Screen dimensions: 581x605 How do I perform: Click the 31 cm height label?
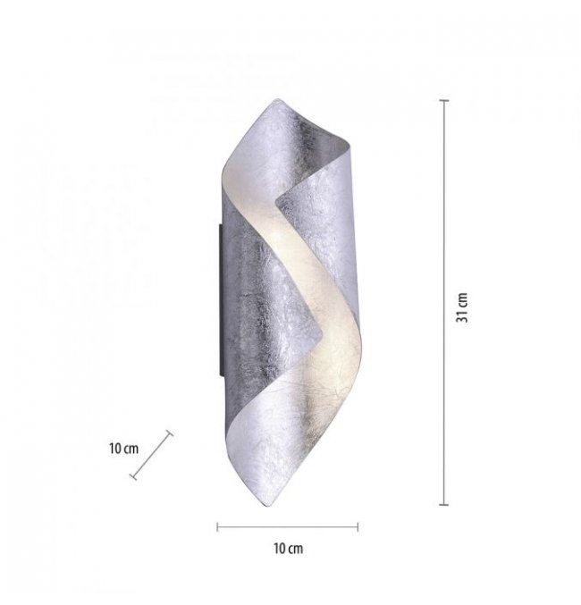(x=462, y=307)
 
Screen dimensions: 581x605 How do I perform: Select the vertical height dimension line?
(x=444, y=302)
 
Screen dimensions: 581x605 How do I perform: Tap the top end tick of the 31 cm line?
(x=444, y=100)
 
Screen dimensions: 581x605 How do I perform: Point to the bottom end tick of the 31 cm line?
(x=444, y=504)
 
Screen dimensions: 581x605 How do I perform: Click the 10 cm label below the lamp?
(x=289, y=549)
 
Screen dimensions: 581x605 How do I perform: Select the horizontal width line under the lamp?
(x=288, y=526)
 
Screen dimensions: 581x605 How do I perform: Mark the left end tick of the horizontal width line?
(x=217, y=526)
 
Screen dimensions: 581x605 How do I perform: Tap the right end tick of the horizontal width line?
(x=358, y=526)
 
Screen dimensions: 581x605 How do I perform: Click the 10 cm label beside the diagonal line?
(x=123, y=449)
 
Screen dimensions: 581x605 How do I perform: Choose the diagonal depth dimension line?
(x=151, y=455)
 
